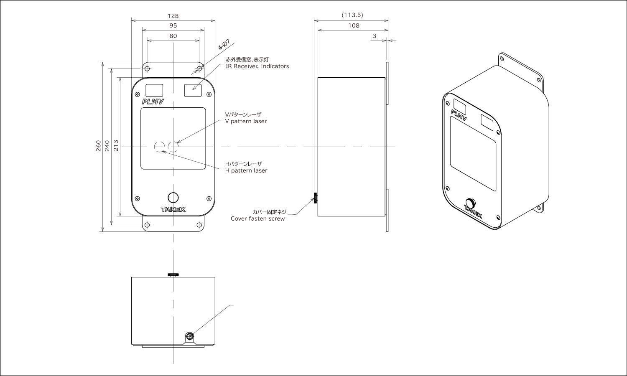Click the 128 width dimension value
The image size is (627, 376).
[x=173, y=16]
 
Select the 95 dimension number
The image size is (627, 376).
[x=173, y=25]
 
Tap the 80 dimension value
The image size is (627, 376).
[x=173, y=36]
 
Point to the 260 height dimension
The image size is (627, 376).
[x=99, y=146]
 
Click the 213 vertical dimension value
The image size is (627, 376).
[x=116, y=145]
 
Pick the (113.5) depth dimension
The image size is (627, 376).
[x=352, y=15]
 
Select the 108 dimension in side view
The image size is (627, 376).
[x=354, y=25]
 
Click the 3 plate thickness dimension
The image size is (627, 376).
[x=375, y=36]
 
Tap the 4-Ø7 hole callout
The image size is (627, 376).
[x=224, y=44]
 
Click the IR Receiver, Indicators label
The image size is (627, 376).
[x=257, y=66]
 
